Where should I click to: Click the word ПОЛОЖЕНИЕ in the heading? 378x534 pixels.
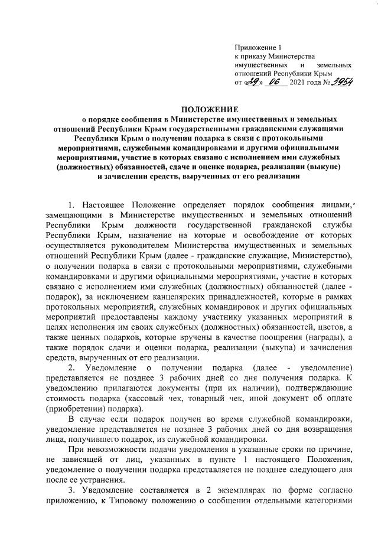[210, 109]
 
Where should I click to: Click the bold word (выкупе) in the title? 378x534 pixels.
[332, 167]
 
